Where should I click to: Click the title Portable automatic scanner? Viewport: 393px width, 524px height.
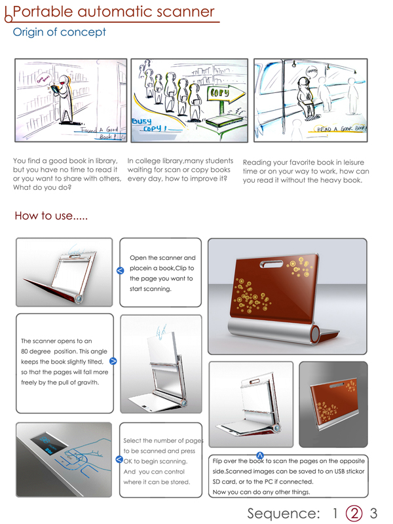pos(114,12)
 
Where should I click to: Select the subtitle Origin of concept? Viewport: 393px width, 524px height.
pos(60,32)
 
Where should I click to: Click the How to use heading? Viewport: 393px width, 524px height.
pos(52,216)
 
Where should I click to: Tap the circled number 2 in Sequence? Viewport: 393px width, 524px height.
pos(354,512)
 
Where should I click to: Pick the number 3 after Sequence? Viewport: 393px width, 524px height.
pos(374,512)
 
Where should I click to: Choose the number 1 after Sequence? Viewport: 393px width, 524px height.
pos(335,512)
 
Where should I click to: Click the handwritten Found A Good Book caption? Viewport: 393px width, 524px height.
pos(102,134)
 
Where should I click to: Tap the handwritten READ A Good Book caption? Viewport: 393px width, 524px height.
pos(342,130)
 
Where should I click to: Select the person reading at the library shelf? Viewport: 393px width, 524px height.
pos(63,97)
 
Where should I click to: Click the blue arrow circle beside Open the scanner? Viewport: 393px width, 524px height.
pos(120,270)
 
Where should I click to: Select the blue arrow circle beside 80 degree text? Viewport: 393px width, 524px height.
pos(113,361)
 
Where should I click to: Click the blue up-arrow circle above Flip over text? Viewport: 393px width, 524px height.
pos(259,454)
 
